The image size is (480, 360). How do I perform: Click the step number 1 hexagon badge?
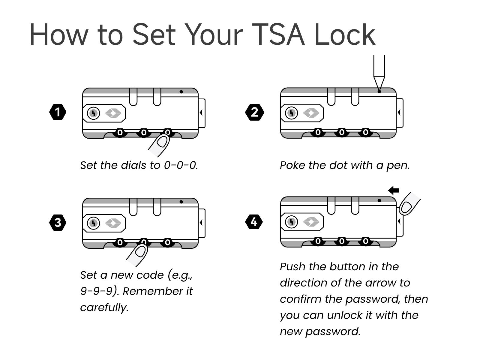click(58, 112)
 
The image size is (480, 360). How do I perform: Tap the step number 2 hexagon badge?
click(255, 112)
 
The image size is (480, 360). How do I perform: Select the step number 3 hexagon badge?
click(58, 223)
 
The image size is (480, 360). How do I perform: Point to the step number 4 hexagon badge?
click(254, 222)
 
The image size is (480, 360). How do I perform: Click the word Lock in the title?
click(344, 35)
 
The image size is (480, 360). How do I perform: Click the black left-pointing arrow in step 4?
click(393, 190)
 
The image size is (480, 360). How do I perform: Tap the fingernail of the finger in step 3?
click(141, 251)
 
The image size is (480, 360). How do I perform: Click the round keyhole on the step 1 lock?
click(93, 113)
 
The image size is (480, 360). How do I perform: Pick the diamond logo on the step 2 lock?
click(311, 113)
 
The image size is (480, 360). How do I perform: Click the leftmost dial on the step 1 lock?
click(120, 132)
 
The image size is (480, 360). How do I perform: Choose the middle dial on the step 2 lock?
click(342, 132)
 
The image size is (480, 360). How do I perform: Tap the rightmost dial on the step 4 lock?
click(365, 241)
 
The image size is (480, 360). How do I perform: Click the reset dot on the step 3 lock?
click(181, 202)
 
